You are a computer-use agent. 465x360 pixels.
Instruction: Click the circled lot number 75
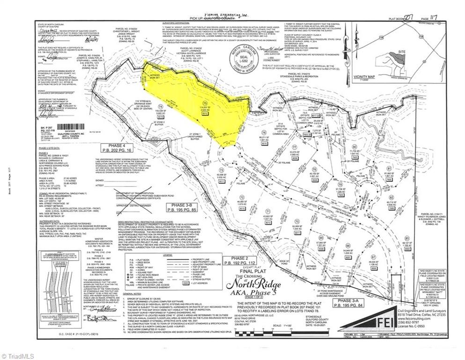pyautogui.click(x=204, y=103)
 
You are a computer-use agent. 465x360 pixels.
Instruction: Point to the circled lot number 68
pyautogui.click(x=347, y=245)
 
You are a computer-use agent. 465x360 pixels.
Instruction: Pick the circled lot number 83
pyautogui.click(x=407, y=238)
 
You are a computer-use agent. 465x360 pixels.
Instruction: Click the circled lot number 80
pyautogui.click(x=354, y=146)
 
